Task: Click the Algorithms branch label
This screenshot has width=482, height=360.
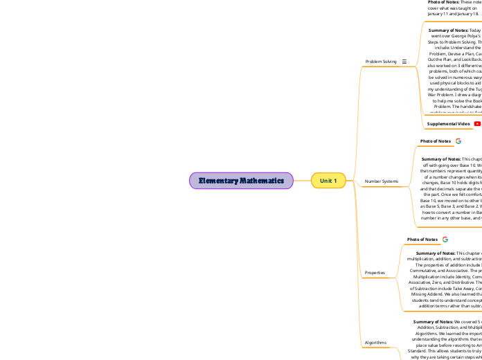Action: click(376, 343)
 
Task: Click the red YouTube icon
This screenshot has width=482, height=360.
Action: click(477, 124)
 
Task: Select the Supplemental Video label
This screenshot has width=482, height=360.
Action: click(448, 124)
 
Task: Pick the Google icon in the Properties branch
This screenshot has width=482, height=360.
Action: click(445, 240)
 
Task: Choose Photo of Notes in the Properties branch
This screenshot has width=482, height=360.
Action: click(422, 240)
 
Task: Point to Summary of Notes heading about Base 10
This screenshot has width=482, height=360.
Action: click(441, 178)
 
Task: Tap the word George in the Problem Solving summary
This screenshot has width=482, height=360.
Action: click(445, 57)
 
